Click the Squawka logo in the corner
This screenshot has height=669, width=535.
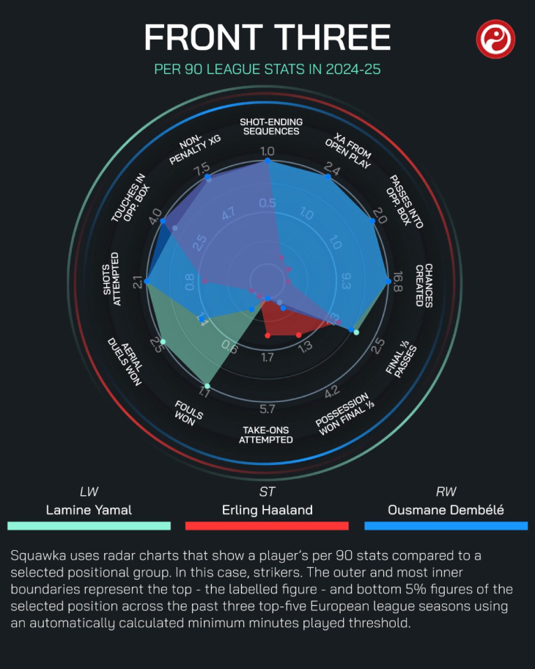(495, 39)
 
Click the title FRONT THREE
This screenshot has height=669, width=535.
(267, 37)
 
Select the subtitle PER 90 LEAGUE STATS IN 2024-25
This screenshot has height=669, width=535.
(267, 70)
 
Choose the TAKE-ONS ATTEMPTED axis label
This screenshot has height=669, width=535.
(266, 434)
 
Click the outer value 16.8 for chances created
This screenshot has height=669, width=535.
(397, 282)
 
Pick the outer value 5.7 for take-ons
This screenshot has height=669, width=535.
(267, 409)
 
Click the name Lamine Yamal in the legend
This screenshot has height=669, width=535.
(89, 510)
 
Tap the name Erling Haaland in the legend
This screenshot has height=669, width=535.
(267, 510)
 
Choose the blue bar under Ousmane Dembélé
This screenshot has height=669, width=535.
(446, 526)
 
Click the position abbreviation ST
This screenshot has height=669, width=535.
(267, 491)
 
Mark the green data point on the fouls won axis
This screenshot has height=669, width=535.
(207, 386)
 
